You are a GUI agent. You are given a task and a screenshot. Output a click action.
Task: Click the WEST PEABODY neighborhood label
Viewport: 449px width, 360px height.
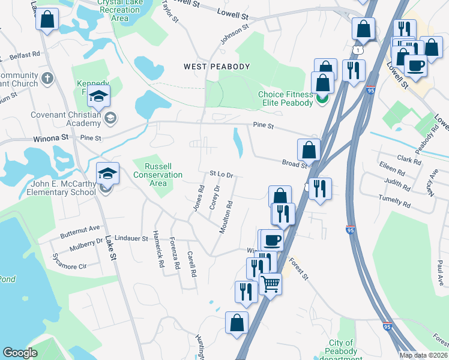216,67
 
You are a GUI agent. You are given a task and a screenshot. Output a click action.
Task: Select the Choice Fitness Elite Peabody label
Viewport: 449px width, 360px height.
286,98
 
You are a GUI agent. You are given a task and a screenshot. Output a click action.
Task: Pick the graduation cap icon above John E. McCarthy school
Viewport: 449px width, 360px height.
108,173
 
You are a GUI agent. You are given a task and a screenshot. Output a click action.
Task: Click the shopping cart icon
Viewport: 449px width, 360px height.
271,283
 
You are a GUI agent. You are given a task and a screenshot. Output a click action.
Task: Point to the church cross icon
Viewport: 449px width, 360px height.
47,78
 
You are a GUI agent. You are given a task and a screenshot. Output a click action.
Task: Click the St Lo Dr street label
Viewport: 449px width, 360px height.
221,174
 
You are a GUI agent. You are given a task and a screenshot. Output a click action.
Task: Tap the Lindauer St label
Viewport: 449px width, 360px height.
131,238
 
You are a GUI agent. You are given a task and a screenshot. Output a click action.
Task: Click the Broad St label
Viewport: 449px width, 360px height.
295,163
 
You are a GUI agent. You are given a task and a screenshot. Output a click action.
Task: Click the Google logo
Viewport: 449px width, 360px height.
20,353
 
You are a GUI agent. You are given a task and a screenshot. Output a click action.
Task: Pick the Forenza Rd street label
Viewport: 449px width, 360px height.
175,256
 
